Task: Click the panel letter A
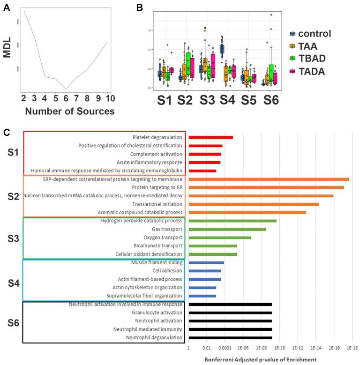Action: (x=6, y=7)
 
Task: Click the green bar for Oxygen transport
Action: (x=219, y=238)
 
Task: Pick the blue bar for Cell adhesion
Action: (x=204, y=271)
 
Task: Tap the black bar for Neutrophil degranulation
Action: (x=230, y=337)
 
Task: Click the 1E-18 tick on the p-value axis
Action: (x=352, y=348)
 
